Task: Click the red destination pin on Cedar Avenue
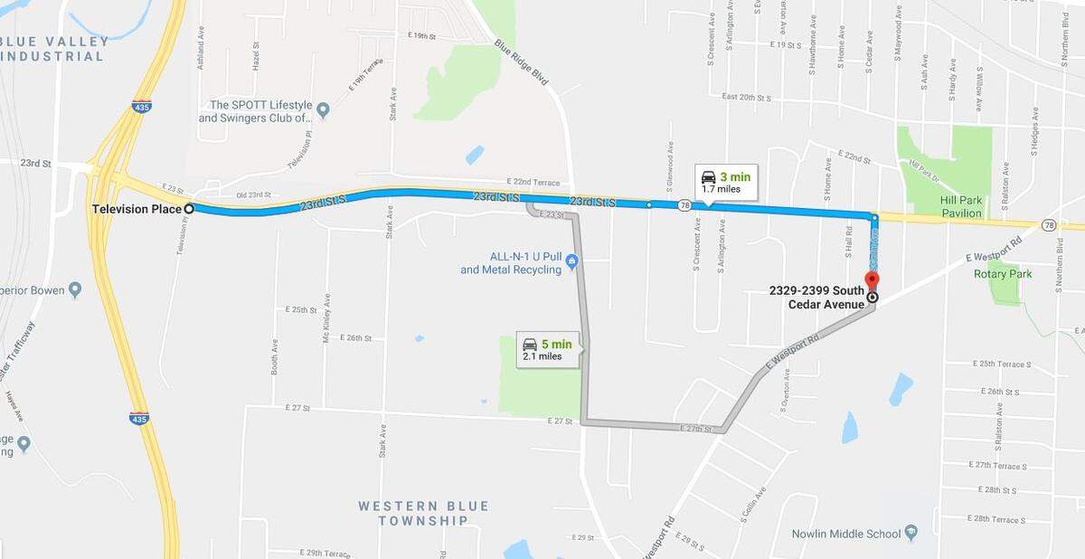click(872, 279)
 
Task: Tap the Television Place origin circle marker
click(189, 209)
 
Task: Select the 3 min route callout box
click(726, 182)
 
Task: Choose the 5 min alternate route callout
click(546, 349)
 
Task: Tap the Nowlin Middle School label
click(847, 534)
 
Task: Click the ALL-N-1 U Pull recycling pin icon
click(571, 263)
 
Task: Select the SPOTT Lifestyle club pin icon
click(323, 111)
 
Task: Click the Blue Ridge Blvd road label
click(522, 62)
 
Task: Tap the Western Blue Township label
click(423, 513)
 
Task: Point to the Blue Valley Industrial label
click(54, 49)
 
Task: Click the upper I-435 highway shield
click(142, 106)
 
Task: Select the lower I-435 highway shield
click(138, 418)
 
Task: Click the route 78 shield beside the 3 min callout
click(684, 205)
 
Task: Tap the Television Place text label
click(137, 209)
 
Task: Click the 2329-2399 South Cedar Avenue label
click(816, 298)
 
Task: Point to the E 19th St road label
click(423, 35)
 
